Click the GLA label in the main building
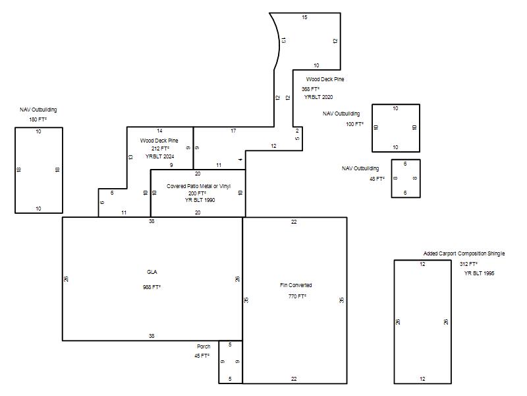(152, 272)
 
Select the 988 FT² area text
(152, 287)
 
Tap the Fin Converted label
(296, 285)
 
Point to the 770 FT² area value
(297, 296)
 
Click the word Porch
(204, 346)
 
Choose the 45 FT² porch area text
(202, 356)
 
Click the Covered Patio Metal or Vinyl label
(199, 186)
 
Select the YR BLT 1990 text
(200, 200)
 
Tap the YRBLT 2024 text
(159, 156)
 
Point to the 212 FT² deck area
(160, 148)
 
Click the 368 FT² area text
(310, 89)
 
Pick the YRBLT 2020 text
(319, 97)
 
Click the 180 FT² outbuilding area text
(38, 119)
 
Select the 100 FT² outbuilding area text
(354, 124)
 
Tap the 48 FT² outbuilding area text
(377, 179)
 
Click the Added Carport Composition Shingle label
(464, 253)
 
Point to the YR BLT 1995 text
(480, 273)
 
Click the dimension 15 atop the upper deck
(304, 17)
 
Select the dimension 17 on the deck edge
(233, 131)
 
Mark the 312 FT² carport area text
(468, 265)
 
